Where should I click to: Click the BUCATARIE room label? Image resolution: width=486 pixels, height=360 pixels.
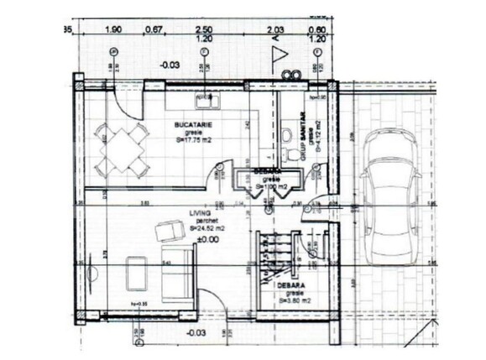193,125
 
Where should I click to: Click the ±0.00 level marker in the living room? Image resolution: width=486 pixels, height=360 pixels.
206,239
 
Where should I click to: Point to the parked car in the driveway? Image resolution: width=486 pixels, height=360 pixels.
390,194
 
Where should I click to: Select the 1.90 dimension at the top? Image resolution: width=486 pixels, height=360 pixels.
113,30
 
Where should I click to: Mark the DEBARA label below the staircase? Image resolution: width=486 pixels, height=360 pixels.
288,286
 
